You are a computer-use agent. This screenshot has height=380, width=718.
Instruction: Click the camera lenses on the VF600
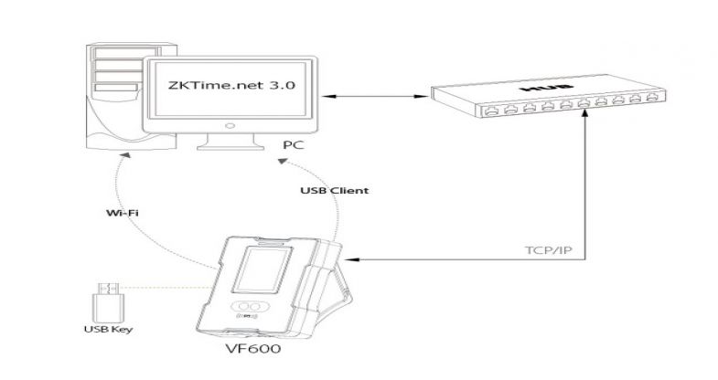(249, 310)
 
